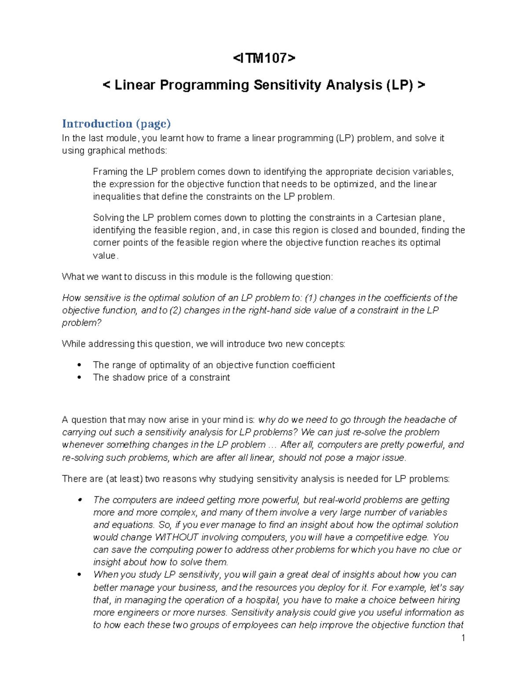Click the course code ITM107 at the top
coord(264,58)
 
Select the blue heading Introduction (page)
coord(116,124)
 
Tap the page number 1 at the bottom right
coord(463,638)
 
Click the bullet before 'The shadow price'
coord(79,377)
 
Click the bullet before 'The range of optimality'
coord(79,365)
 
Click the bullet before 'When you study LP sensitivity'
coord(79,575)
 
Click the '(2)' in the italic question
coord(176,311)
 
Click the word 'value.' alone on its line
coord(106,255)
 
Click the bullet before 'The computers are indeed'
coord(79,500)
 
